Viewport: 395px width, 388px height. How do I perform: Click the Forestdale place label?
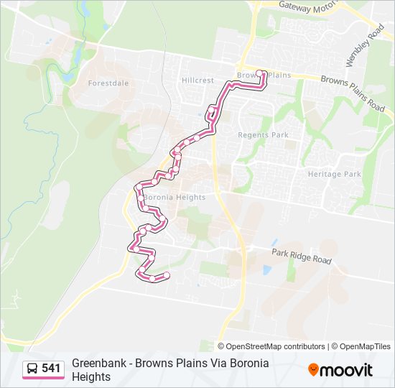[108, 83]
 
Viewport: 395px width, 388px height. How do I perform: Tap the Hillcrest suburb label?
[197, 80]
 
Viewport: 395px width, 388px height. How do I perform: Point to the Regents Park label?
[263, 134]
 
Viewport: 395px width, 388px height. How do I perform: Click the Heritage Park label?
[334, 174]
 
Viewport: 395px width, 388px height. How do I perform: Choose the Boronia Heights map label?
[175, 197]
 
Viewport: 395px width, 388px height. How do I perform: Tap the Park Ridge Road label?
[302, 255]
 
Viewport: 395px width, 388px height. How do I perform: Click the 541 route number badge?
[51, 369]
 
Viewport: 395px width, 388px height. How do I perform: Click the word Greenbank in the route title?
[96, 364]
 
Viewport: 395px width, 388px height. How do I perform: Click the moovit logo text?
[347, 370]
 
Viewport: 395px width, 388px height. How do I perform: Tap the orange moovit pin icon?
[313, 369]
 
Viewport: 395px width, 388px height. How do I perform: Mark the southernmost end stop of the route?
[167, 275]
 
